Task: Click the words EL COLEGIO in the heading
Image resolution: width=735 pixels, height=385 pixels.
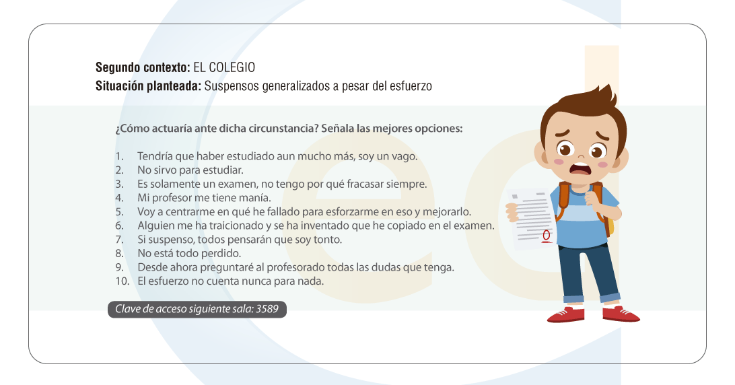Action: pos(224,67)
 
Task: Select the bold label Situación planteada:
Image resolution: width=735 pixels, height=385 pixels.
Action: pos(149,86)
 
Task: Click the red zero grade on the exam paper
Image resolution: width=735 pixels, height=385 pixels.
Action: pos(546,235)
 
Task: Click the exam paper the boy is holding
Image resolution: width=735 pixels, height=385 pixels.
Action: pos(531,218)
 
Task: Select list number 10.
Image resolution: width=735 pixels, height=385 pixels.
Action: pos(123,281)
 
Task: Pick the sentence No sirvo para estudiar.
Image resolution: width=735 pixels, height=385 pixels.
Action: pos(190,170)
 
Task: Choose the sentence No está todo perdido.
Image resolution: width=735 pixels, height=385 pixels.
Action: pos(189,254)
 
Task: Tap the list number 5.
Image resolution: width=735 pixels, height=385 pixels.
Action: pos(120,212)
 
